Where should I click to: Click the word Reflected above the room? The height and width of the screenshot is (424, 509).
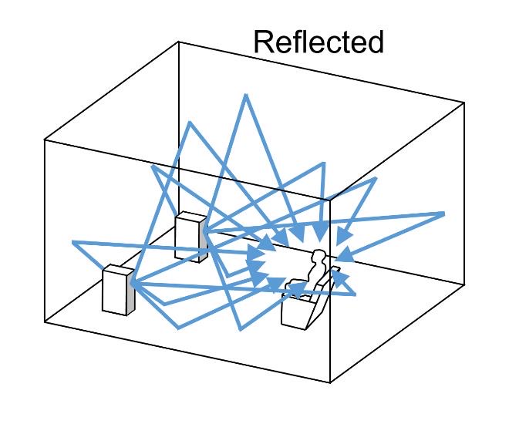pyautogui.click(x=319, y=42)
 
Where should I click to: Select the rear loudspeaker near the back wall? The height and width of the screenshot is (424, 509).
pyautogui.click(x=189, y=237)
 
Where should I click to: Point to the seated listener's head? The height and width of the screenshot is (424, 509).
pyautogui.click(x=317, y=257)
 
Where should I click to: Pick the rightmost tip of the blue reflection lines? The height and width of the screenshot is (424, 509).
pyautogui.click(x=444, y=213)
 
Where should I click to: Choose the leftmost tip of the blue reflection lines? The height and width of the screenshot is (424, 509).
pyautogui.click(x=72, y=243)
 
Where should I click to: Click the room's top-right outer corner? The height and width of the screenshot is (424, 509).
pyautogui.click(x=464, y=101)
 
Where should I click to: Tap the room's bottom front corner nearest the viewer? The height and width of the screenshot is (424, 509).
pyautogui.click(x=331, y=382)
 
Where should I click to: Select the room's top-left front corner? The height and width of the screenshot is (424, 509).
pyautogui.click(x=44, y=140)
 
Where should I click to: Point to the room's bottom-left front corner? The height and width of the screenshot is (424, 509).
pyautogui.click(x=45, y=321)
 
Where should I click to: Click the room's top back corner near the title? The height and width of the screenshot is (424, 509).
pyautogui.click(x=179, y=42)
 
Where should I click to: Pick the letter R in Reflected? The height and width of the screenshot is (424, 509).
pyautogui.click(x=264, y=43)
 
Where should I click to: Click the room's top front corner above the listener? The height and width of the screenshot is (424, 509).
pyautogui.click(x=330, y=200)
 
